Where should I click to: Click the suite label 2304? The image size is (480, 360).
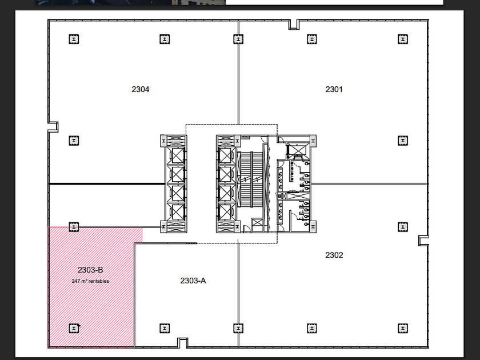[141, 89]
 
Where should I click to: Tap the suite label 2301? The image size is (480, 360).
[334, 89]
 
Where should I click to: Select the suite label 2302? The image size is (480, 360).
[334, 255]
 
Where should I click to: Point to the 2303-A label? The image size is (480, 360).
[193, 281]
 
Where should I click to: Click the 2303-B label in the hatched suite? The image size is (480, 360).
[90, 270]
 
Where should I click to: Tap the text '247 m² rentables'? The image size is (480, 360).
[90, 281]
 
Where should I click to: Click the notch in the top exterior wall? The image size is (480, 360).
[294, 25]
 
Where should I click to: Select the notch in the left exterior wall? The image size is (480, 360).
[53, 127]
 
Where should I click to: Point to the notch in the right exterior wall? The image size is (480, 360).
[423, 241]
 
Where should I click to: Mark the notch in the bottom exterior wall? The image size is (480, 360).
[183, 343]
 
